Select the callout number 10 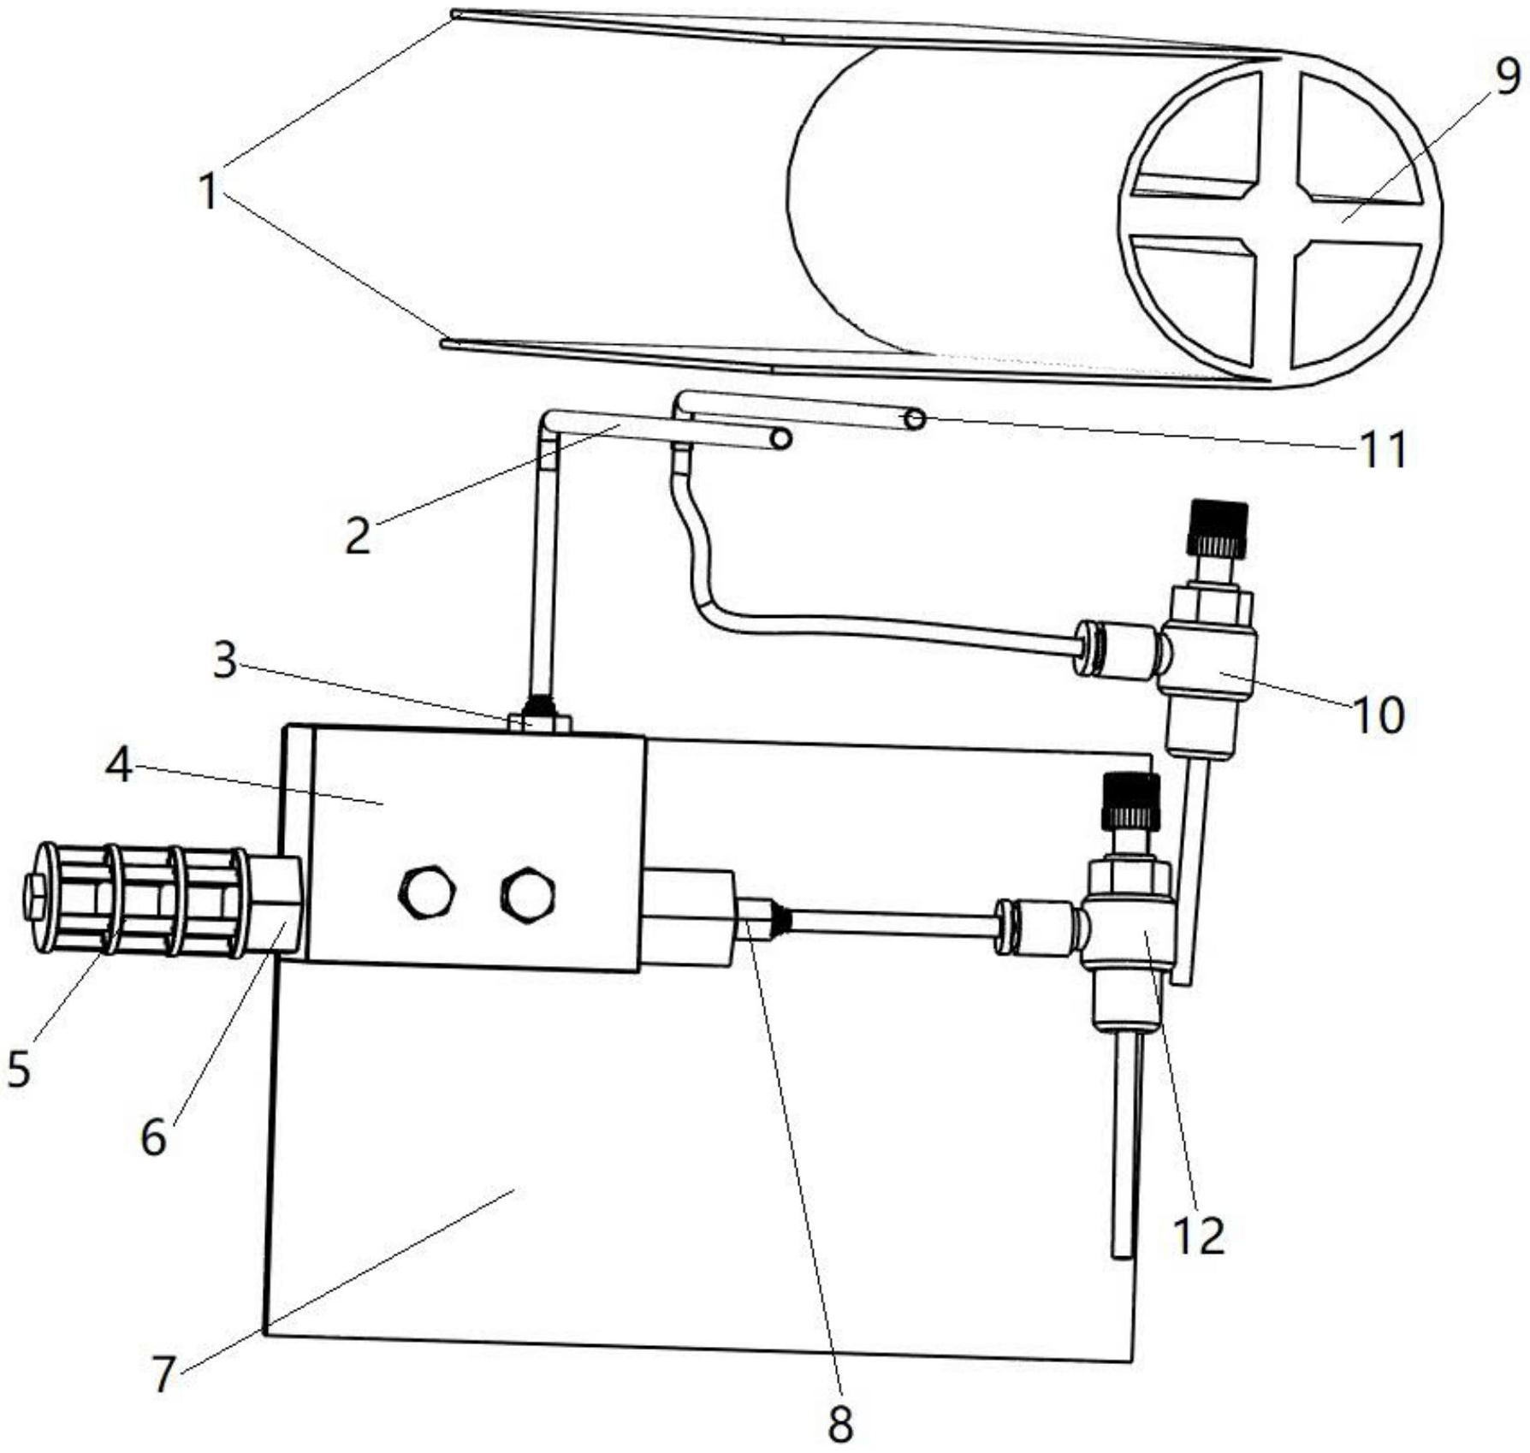tap(1378, 715)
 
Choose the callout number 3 tap(225, 661)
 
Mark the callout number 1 tap(208, 191)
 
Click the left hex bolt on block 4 tap(427, 893)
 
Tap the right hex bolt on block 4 tap(527, 895)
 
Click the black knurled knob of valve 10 tap(1217, 528)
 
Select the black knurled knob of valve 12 tap(1131, 801)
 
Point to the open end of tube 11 tap(915, 418)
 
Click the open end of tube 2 tap(780, 439)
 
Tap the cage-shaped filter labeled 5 tap(137, 899)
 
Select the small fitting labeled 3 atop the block tap(539, 715)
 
